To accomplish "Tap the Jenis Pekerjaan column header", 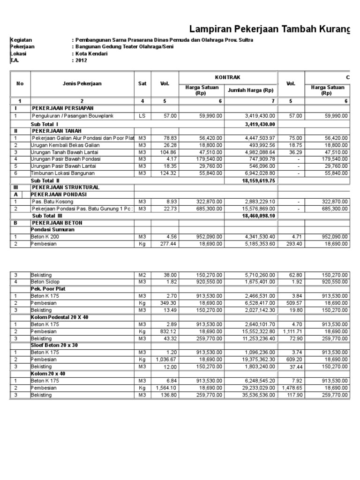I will tap(82, 83).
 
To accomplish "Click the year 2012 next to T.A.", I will tap(81, 60).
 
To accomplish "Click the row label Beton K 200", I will tap(45, 237).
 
